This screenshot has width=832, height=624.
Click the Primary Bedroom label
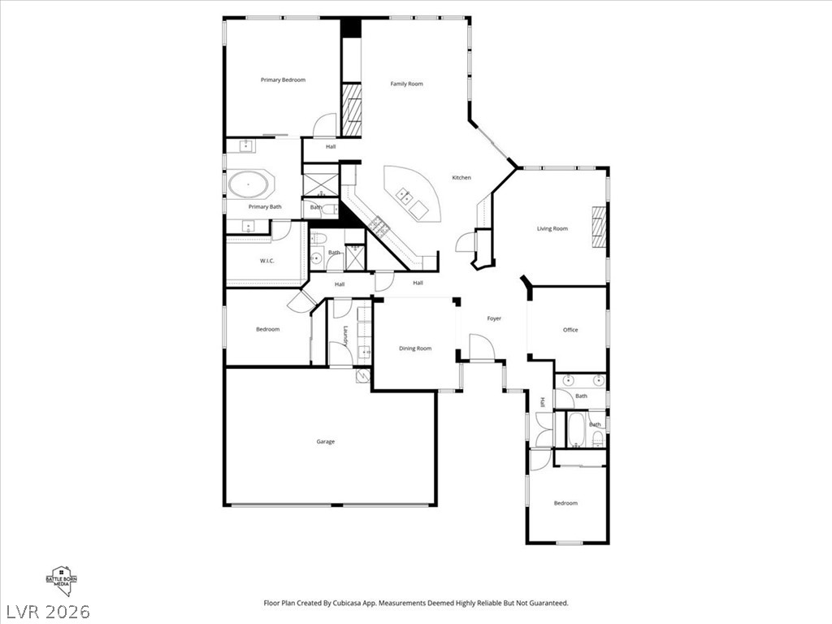click(283, 80)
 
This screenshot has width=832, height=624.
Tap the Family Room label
click(406, 84)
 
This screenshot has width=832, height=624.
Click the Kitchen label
click(461, 178)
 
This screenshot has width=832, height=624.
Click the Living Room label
click(552, 228)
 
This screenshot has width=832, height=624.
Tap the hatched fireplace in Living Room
click(599, 227)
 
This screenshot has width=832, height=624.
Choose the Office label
click(570, 330)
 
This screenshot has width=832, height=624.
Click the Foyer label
click(494, 318)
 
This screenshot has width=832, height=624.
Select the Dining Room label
click(415, 349)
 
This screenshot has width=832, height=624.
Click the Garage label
click(325, 441)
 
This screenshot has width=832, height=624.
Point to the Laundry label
click(345, 336)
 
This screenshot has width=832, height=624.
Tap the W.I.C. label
click(266, 261)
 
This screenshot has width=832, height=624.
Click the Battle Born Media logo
click(61, 580)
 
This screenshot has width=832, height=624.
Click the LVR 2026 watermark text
click(48, 612)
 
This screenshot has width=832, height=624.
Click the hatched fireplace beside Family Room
click(351, 110)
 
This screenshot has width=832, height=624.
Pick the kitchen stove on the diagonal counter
click(380, 225)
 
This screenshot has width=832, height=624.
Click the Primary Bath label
click(265, 207)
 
